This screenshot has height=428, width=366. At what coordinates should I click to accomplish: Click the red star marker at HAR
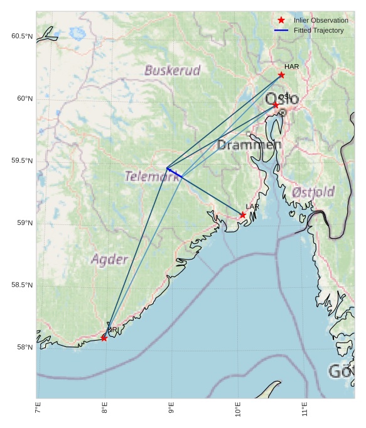281,75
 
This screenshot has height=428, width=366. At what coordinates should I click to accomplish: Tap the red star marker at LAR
243,215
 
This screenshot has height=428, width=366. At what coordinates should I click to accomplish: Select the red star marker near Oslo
276,105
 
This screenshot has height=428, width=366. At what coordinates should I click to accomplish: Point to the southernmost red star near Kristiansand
104,338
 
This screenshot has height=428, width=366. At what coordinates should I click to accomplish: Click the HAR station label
291,67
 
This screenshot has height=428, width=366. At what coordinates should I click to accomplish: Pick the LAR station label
252,207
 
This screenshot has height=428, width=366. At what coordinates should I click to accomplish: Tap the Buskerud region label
172,70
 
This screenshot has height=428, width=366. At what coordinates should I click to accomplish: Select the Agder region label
109,259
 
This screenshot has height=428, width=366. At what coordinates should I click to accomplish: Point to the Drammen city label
249,145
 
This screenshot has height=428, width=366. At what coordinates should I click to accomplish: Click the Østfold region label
313,192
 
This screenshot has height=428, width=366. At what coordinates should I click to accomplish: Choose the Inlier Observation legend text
321,21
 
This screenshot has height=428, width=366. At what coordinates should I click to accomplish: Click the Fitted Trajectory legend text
318,30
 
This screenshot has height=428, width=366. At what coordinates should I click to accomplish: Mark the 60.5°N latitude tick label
21,36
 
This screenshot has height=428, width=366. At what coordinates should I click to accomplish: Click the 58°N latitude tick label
24,348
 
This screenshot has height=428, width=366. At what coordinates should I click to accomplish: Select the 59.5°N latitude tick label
21,161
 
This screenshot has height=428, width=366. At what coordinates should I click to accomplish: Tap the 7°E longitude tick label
38,412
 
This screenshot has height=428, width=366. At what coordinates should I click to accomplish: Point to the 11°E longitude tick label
304,412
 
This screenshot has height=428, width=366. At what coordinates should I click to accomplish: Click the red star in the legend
281,20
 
